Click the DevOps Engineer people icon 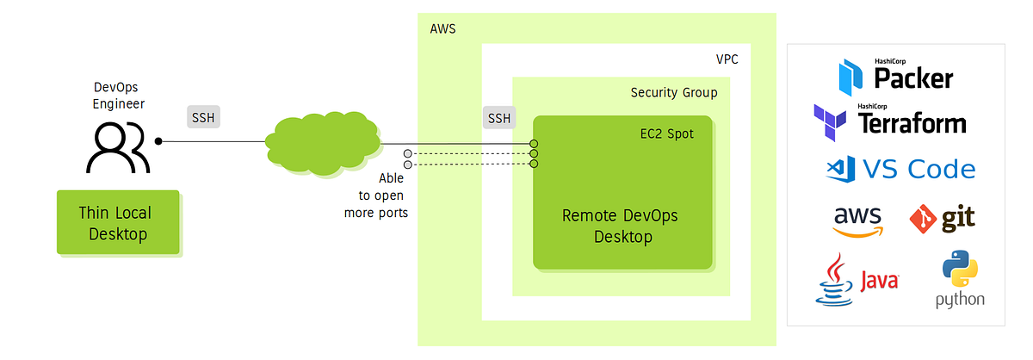[x=119, y=146]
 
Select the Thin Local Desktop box [x=118, y=222]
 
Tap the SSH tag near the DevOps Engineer [x=203, y=117]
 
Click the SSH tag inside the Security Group [x=498, y=117]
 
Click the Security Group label [x=673, y=93]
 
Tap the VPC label [x=727, y=59]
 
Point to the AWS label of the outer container [x=442, y=29]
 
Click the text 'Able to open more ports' [x=375, y=196]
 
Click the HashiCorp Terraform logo [x=889, y=120]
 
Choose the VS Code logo [x=899, y=169]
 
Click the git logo [x=943, y=219]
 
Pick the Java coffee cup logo [x=857, y=280]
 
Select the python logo [x=960, y=280]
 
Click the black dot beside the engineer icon [x=158, y=140]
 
